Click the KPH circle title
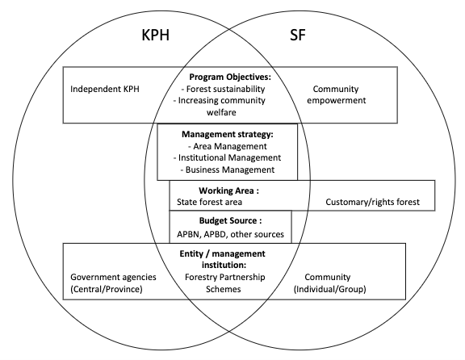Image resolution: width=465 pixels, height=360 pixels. tap(155, 35)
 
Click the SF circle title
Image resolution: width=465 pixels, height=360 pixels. tap(297, 35)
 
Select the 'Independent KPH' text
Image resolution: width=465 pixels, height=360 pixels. tap(105, 89)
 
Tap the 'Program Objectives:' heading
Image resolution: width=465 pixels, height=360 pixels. tap(230, 77)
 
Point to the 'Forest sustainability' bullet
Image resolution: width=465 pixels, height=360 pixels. tap(223, 89)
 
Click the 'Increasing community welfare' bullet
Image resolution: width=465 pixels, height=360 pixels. tap(220, 107)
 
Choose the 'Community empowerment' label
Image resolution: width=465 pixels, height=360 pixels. tap(337, 94)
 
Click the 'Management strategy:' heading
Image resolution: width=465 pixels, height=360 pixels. tap(227, 134)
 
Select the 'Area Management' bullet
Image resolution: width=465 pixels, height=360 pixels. tap(228, 146)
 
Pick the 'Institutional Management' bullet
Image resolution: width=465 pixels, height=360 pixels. tap(227, 157)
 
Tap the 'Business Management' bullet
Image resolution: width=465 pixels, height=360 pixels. tap(228, 170)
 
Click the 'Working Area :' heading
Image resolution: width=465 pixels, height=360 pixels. tap(228, 190)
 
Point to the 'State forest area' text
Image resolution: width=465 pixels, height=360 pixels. tap(209, 202)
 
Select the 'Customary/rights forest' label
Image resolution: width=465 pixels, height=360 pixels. tap(372, 202)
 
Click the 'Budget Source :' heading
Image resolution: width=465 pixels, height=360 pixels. tap(230, 220)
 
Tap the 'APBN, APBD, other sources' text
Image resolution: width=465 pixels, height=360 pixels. tap(230, 234)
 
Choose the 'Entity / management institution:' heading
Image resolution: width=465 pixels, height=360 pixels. tap(223, 259)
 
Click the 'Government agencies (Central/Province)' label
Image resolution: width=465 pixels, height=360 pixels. tap(113, 283)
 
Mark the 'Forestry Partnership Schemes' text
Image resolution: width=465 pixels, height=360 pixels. tap(224, 283)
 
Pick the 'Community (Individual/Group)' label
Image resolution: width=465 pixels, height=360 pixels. tap(329, 283)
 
